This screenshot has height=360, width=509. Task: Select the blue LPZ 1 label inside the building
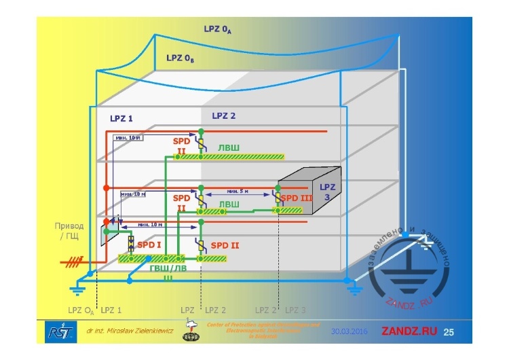click(x=121, y=118)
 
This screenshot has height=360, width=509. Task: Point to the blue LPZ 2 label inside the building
click(x=223, y=115)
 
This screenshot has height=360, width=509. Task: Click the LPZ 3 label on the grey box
click(x=327, y=191)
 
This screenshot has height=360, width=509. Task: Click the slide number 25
click(x=448, y=331)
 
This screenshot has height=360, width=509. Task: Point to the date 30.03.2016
click(x=350, y=331)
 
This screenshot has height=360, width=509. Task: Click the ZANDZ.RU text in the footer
click(x=409, y=331)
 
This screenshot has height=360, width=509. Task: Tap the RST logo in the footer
click(x=54, y=331)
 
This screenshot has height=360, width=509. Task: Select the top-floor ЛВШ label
click(x=229, y=147)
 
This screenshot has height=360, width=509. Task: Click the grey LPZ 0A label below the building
click(x=81, y=310)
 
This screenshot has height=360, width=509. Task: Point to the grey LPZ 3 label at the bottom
click(x=295, y=310)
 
